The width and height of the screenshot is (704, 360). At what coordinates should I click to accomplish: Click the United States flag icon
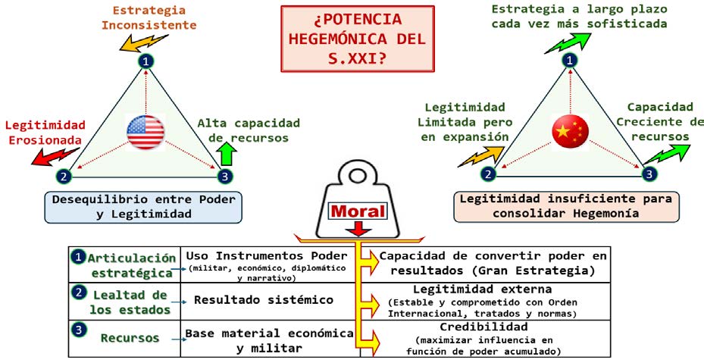pyautogui.click(x=145, y=132)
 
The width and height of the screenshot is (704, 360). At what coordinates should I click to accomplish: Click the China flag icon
pyautogui.click(x=570, y=131)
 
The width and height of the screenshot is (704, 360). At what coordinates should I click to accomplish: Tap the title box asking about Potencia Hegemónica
pyautogui.click(x=358, y=39)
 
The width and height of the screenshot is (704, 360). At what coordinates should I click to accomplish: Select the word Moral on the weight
pyautogui.click(x=358, y=211)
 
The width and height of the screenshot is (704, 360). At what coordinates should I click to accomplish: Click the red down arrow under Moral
pyautogui.click(x=358, y=229)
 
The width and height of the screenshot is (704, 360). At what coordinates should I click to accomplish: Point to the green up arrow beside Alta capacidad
pyautogui.click(x=228, y=155)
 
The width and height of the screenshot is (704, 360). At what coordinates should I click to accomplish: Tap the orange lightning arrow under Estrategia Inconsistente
pyautogui.click(x=142, y=42)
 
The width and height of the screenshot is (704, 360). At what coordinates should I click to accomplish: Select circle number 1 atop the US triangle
pyautogui.click(x=145, y=61)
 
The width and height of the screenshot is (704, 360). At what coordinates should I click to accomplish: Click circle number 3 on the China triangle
pyautogui.click(x=649, y=174)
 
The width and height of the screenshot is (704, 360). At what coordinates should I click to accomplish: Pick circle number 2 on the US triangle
pyautogui.click(x=64, y=176)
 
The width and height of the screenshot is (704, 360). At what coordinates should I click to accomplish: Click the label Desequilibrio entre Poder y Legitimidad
pyautogui.click(x=144, y=207)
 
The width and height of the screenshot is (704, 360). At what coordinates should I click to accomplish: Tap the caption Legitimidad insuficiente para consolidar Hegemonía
pyautogui.click(x=566, y=206)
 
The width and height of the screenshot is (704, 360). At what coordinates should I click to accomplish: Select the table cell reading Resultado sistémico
pyautogui.click(x=264, y=300)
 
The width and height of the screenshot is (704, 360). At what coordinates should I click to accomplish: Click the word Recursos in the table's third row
pyautogui.click(x=130, y=338)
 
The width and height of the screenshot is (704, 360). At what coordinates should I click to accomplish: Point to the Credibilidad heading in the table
pyautogui.click(x=483, y=327)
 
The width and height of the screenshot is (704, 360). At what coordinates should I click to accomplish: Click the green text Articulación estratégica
pyautogui.click(x=131, y=265)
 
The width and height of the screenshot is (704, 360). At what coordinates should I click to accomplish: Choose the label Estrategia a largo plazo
pyautogui.click(x=579, y=9)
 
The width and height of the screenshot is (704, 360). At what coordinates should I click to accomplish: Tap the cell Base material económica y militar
pyautogui.click(x=269, y=340)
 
